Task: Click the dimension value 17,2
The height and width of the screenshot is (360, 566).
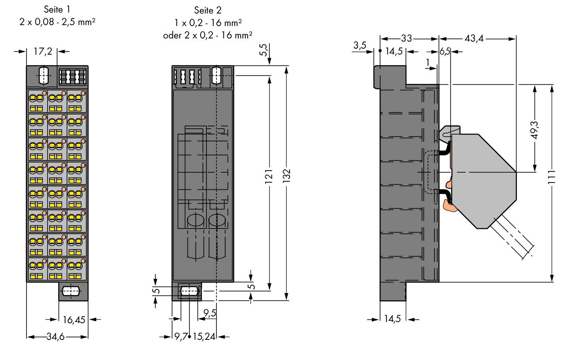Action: pyautogui.click(x=42, y=51)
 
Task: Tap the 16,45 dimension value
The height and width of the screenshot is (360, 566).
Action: pyautogui.click(x=74, y=319)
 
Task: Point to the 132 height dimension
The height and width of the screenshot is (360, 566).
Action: pyautogui.click(x=287, y=176)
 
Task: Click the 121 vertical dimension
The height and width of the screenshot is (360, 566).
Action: pyautogui.click(x=269, y=176)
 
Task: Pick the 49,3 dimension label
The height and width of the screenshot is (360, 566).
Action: pyautogui.click(x=535, y=130)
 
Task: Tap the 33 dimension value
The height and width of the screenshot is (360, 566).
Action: pyautogui.click(x=406, y=39)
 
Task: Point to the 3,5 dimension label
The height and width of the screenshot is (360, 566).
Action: pyautogui.click(x=359, y=46)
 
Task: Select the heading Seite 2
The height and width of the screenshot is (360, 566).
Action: pyautogui.click(x=208, y=10)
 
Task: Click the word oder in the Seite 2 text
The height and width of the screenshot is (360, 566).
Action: pyautogui.click(x=172, y=35)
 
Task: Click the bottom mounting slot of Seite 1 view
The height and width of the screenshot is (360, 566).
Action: pyautogui.click(x=71, y=291)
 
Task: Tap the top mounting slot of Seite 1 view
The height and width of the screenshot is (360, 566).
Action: pyautogui.click(x=44, y=75)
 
